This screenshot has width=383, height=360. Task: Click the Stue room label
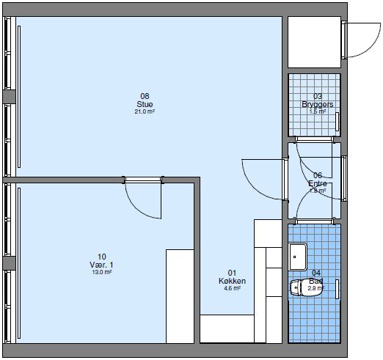coord(145,104)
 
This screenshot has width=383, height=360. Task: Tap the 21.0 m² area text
coord(145,112)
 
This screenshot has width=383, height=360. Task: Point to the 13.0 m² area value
coord(102,273)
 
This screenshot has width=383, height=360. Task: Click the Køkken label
coord(232,281)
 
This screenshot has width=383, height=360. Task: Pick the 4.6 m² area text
coord(232,289)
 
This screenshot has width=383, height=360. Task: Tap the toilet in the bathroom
coord(302,287)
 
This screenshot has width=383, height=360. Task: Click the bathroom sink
coord(298,256)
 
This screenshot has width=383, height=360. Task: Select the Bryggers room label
coord(317,104)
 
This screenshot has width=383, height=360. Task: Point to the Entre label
coord(317,183)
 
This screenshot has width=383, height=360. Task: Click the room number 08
coord(145,96)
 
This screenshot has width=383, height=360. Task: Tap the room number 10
coord(102,257)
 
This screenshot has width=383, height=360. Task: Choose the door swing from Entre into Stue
coord(263,176)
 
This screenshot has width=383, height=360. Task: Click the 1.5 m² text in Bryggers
coord(317,112)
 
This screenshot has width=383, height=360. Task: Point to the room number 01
coord(232,273)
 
